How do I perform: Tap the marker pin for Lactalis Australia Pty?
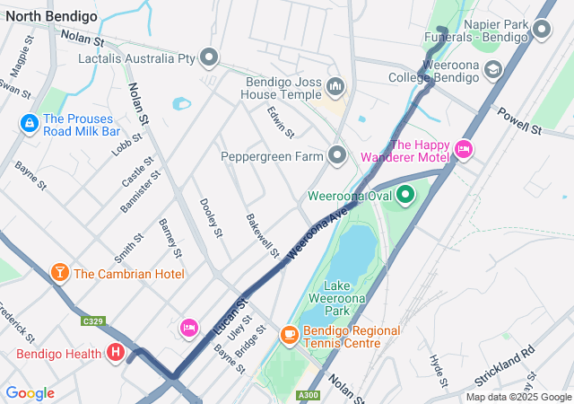[x=210, y=58]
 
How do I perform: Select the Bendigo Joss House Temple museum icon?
[x=336, y=87]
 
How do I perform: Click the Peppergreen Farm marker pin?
[x=337, y=156]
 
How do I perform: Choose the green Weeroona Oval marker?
[x=404, y=194]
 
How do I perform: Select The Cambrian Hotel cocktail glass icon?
[x=59, y=273]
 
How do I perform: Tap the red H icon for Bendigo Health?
[x=116, y=354]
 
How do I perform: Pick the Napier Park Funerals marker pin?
[x=541, y=31]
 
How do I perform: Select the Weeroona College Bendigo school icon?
[x=492, y=69]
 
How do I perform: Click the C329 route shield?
[x=91, y=321]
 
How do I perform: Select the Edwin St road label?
[x=280, y=122]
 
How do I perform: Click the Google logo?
[x=30, y=393]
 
